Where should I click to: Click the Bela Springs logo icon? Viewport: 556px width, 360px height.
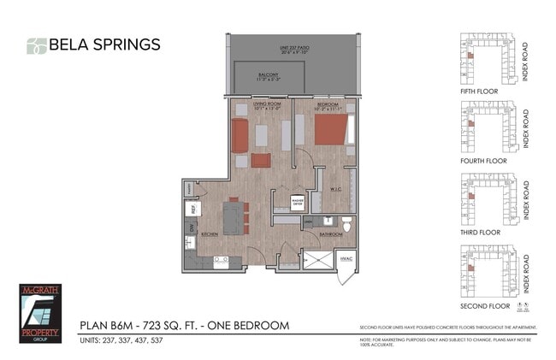(36, 46)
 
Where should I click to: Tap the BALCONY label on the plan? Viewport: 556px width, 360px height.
(268, 75)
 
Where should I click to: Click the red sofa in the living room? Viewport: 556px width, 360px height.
(240, 135)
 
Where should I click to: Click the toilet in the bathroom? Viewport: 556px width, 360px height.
(346, 224)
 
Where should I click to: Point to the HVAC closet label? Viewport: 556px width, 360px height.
(346, 258)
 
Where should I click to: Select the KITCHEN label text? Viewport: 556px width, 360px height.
(210, 233)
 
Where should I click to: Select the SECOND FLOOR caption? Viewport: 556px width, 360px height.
(484, 305)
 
